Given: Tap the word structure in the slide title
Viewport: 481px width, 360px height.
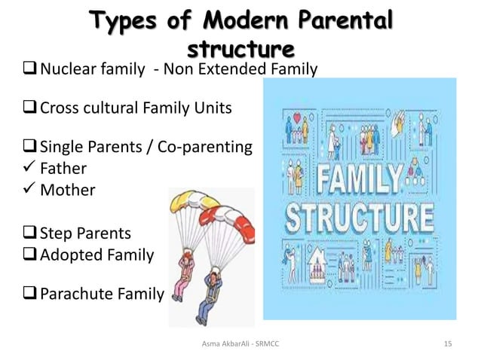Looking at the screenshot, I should point(240,49).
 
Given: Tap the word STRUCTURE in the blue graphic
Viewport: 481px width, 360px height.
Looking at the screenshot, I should point(362,218).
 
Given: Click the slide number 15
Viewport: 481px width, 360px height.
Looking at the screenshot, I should point(448,344).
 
